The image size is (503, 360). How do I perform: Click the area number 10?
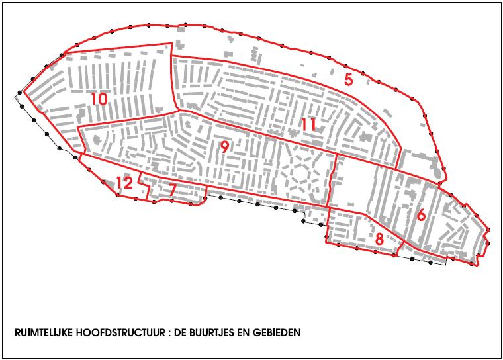(x=99, y=99)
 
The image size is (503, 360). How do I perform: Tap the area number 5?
(x=348, y=80)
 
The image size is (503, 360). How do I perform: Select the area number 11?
(x=308, y=124)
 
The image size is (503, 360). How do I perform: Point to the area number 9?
(x=224, y=148)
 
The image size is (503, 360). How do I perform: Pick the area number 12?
(x=124, y=183)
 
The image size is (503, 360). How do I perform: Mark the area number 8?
(x=379, y=239)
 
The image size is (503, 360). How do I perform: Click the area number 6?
(x=421, y=215)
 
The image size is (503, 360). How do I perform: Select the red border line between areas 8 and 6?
(x=400, y=249)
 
